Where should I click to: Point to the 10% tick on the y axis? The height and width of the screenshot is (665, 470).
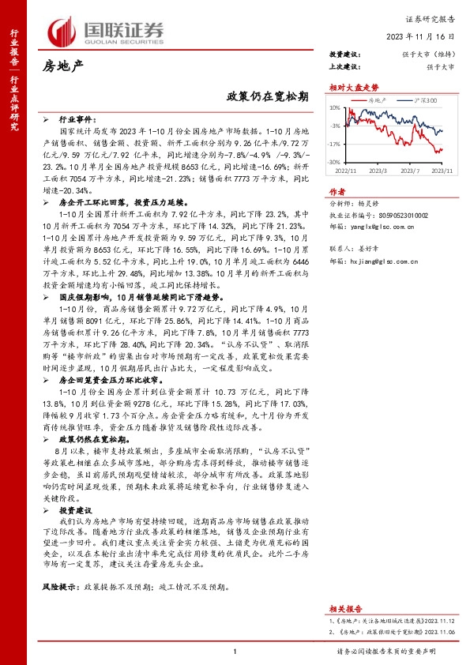pyautogui.click(x=335, y=108)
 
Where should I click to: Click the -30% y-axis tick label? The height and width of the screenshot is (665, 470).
pyautogui.click(x=335, y=163)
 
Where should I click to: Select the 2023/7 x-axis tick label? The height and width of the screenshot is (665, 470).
pyautogui.click(x=409, y=170)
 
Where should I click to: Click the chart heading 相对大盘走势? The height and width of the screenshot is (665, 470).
pyautogui.click(x=348, y=87)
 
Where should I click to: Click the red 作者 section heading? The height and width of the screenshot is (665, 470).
pyautogui.click(x=337, y=190)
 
